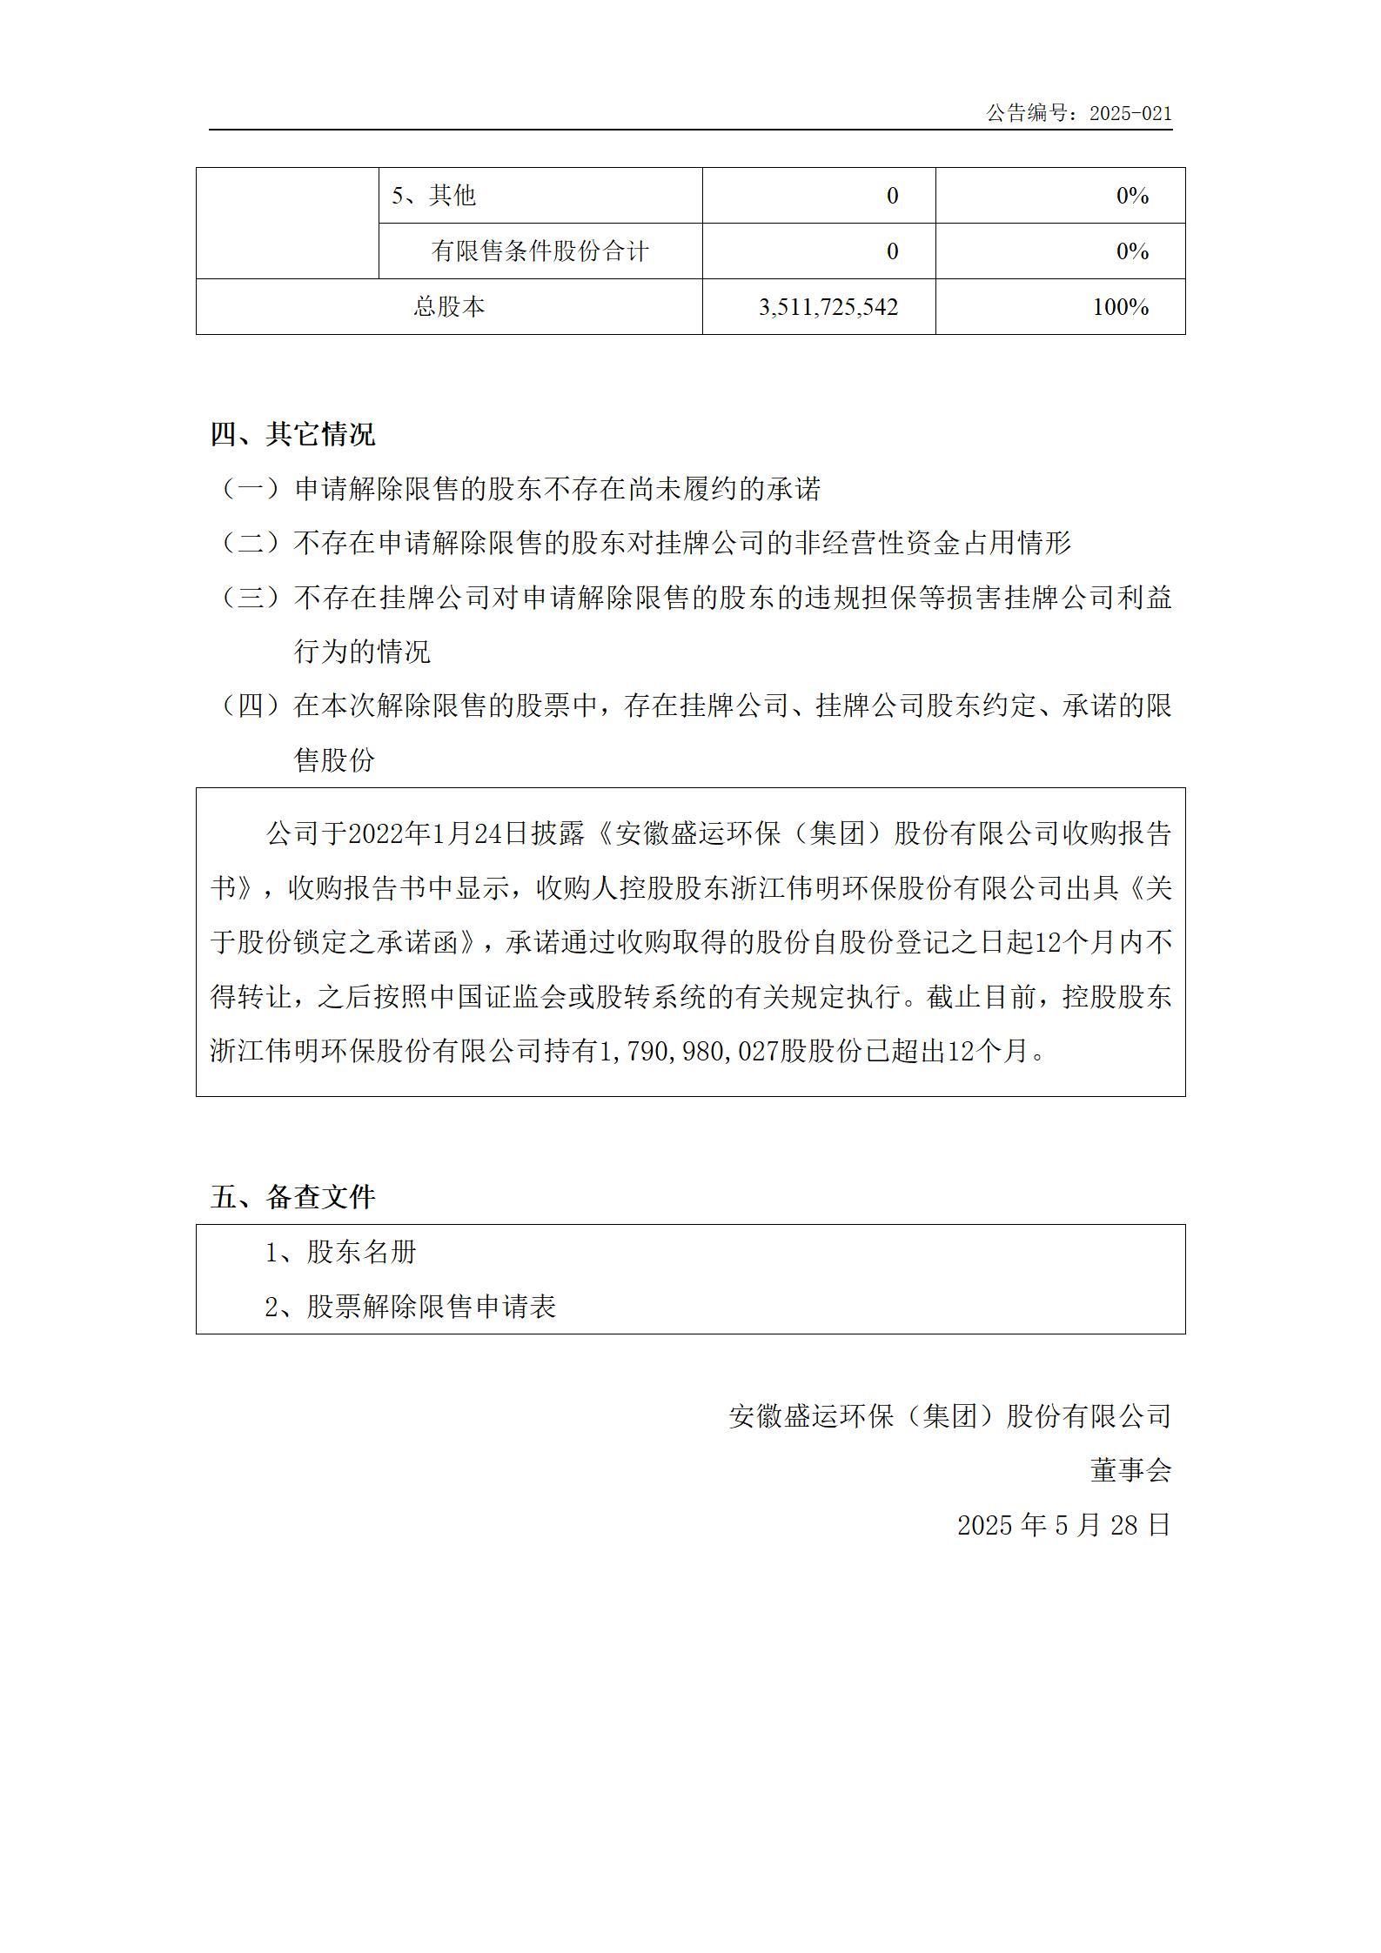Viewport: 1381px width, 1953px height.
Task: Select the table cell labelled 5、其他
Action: [433, 196]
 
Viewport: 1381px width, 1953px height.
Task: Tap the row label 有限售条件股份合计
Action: [540, 251]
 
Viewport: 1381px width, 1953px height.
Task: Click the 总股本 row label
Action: [449, 307]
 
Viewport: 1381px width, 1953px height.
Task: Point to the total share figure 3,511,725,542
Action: [828, 307]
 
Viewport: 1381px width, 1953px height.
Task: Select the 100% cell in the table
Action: [1120, 307]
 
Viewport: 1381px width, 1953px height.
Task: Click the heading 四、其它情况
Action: [292, 434]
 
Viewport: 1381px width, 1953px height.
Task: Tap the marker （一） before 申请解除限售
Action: [251, 489]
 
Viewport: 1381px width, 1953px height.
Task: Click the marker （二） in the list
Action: [251, 544]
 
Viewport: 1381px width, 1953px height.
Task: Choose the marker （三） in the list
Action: [251, 598]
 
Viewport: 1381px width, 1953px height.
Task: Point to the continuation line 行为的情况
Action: [362, 652]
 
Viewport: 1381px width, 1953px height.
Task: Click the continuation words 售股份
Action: [335, 760]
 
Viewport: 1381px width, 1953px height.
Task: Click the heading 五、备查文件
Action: [292, 1197]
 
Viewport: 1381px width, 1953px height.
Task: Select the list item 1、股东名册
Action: [341, 1252]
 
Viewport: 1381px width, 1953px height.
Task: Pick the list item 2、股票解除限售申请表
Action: [411, 1307]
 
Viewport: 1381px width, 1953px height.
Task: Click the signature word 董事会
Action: [1130, 1470]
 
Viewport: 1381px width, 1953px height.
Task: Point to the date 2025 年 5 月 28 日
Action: [1063, 1525]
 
